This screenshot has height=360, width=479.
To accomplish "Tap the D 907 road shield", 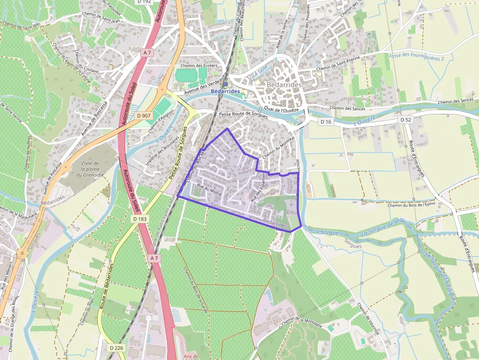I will (x=144, y=116).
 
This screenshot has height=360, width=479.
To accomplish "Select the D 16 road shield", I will (x=326, y=121).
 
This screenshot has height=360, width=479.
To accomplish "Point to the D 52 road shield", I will (x=406, y=120).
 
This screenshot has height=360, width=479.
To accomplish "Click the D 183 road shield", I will (x=140, y=219).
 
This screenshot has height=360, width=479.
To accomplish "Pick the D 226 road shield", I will (x=115, y=348).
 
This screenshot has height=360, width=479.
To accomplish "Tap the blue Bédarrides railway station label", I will (x=225, y=91).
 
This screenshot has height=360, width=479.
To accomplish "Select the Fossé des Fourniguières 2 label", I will (x=416, y=57).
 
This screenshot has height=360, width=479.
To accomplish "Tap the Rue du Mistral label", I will (x=209, y=191).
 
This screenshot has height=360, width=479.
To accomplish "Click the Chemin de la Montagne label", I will (x=302, y=321).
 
